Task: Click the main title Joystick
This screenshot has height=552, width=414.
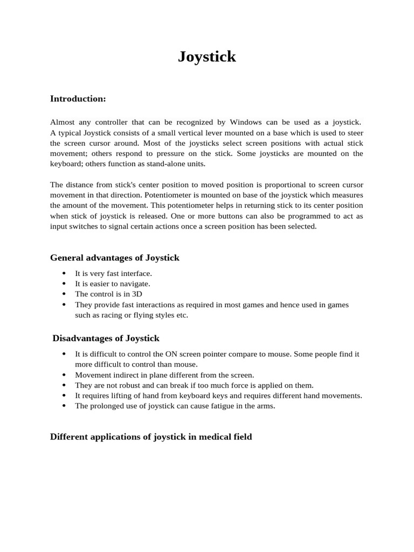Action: click(x=207, y=57)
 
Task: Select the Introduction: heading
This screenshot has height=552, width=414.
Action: click(x=78, y=99)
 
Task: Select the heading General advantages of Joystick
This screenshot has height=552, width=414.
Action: click(x=114, y=258)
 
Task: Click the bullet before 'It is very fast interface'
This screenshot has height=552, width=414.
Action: click(x=64, y=274)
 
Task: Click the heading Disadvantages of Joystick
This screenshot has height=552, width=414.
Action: click(x=106, y=339)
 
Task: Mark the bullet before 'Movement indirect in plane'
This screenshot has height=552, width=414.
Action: click(x=64, y=375)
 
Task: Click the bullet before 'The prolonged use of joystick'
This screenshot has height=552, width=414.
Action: click(x=64, y=406)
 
